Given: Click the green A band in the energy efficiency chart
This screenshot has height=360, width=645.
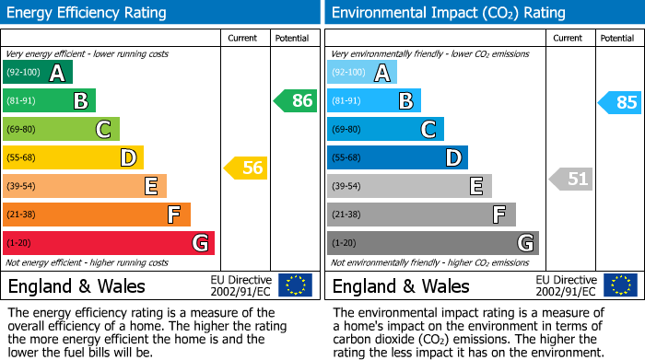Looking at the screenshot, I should click(37, 73).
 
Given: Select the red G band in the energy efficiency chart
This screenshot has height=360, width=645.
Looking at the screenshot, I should click(109, 243).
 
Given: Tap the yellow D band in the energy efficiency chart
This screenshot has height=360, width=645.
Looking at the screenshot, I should click(73, 158).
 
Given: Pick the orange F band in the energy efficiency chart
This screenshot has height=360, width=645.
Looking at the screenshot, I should click(97, 215).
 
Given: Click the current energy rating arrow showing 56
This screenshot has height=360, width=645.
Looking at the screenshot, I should click(246, 168).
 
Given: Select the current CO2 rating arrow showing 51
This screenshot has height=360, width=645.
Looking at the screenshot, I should click(571, 179).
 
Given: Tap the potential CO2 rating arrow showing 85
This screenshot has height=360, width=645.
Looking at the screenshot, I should click(620, 102).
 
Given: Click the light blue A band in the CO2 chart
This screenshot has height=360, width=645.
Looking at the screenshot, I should click(362, 73).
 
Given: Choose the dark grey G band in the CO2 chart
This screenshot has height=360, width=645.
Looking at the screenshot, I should click(433, 243).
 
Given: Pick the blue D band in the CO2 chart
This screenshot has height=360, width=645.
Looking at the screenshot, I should click(397, 158).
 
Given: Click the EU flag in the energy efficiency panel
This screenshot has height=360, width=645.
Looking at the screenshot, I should click(295, 285).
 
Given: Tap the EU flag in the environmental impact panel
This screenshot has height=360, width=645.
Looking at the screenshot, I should click(620, 285).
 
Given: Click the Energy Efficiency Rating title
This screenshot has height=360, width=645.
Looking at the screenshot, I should click(88, 13).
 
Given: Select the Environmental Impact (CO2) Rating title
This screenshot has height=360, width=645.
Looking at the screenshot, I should click(448, 13).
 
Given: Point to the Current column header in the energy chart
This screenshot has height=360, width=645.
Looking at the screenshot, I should click(243, 38).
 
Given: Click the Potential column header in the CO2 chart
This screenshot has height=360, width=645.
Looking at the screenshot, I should click(616, 38).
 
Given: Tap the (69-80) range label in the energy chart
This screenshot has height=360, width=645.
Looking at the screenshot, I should click(23, 130).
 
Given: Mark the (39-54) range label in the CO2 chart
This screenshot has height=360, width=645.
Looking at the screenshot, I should click(348, 187).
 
